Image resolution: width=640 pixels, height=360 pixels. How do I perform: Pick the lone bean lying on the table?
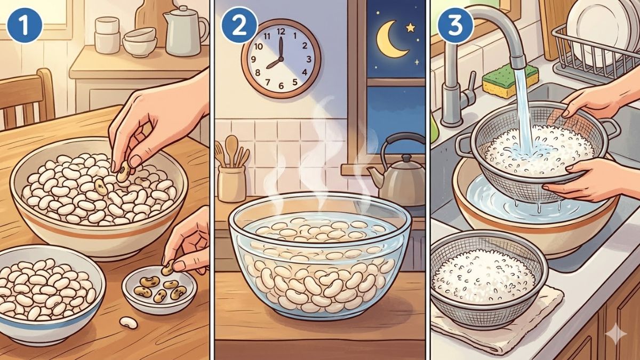[128, 322]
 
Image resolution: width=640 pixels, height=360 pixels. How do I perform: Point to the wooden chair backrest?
[27, 101]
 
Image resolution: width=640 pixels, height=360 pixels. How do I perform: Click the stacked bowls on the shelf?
[138, 43]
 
